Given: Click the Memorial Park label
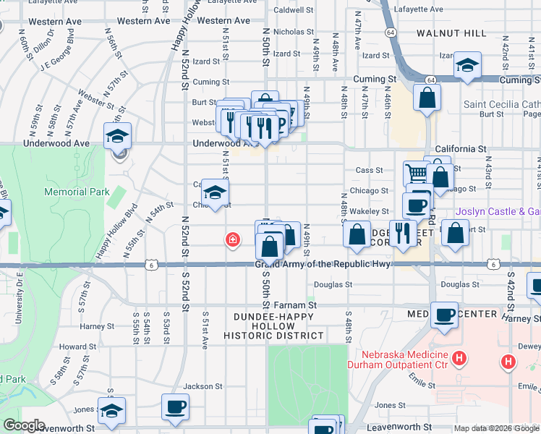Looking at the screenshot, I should (x=77, y=192).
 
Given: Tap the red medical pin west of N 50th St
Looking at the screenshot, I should (x=232, y=239).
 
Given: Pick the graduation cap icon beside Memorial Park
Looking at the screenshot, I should (x=117, y=135).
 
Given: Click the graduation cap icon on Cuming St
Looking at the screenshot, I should (x=468, y=67).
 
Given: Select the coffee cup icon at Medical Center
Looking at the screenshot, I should (x=445, y=315).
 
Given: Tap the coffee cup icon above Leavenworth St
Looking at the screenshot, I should (x=175, y=407).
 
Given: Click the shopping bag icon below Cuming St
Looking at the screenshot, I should (x=427, y=97).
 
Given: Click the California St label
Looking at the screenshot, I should (x=461, y=148).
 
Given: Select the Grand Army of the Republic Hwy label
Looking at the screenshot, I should (x=323, y=264).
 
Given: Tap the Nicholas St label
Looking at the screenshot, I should (x=293, y=32).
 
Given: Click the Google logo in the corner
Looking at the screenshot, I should (x=23, y=425).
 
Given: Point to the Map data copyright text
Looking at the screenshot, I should (x=496, y=428).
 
